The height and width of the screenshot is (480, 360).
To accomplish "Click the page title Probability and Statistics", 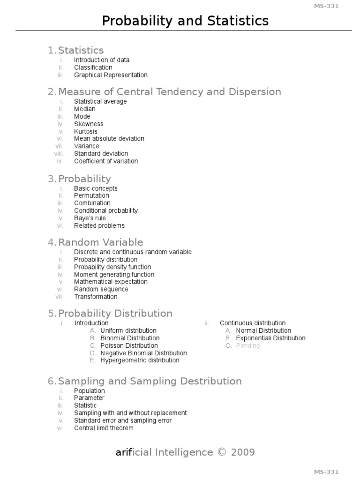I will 185,21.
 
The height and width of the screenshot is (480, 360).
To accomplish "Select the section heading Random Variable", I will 100,242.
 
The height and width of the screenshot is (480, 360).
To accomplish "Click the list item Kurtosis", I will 86,131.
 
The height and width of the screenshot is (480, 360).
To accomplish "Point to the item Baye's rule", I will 90,218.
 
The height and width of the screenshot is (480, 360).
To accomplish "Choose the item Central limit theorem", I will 104,428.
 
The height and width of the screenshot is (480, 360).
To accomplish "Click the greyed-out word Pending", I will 247,345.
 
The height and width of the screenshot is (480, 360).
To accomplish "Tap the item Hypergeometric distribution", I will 140,360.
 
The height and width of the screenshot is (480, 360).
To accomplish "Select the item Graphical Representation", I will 111,75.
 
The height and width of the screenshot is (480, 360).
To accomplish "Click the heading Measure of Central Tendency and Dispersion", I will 169,92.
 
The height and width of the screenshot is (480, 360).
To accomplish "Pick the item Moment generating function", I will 114,274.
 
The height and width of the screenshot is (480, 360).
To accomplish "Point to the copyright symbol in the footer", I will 222,452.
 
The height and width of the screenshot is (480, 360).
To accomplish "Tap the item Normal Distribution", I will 263,330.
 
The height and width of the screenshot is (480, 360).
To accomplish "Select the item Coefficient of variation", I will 106,161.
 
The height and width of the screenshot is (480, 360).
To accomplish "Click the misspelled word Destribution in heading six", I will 209,381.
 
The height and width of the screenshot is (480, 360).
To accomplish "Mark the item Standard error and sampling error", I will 123,420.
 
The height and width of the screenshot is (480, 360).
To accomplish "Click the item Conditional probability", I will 106,210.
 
